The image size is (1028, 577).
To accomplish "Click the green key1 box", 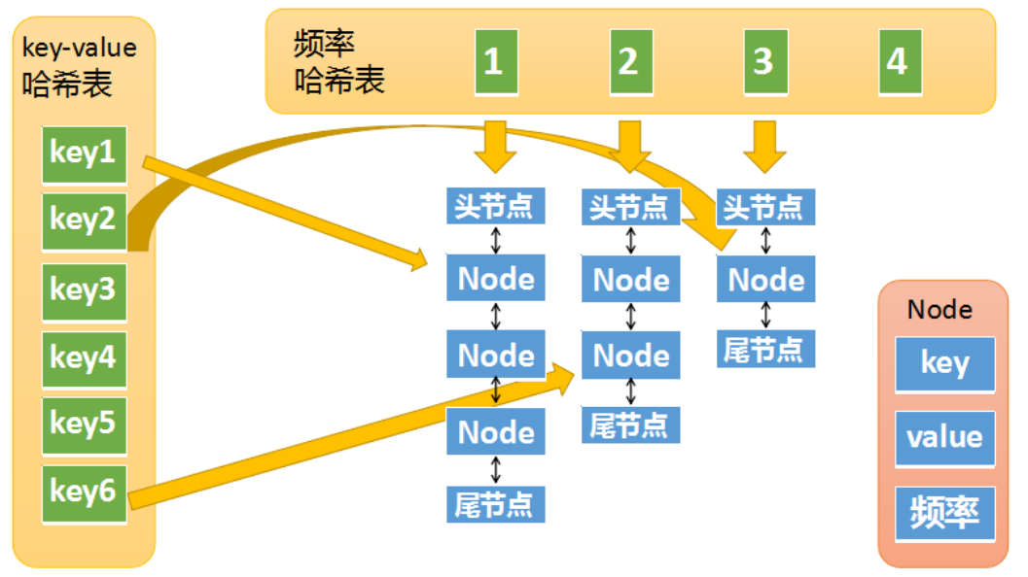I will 84,154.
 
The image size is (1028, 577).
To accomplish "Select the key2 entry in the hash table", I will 84,221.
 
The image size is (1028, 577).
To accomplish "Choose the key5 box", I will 84,424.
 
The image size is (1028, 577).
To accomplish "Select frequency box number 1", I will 494,63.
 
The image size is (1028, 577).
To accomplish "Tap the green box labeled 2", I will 629,63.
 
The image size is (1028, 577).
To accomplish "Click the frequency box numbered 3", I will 763,63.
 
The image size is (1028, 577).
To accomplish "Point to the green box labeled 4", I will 898,63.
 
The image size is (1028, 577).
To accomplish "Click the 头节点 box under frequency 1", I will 495,206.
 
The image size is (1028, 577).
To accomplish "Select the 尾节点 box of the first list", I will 495,504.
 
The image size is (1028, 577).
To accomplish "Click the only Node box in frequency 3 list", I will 766,280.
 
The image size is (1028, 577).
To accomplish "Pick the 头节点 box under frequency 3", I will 765,207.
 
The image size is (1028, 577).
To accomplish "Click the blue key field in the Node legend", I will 944,363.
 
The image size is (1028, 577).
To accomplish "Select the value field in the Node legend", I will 944,437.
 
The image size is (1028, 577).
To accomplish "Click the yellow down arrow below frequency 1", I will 495,145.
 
